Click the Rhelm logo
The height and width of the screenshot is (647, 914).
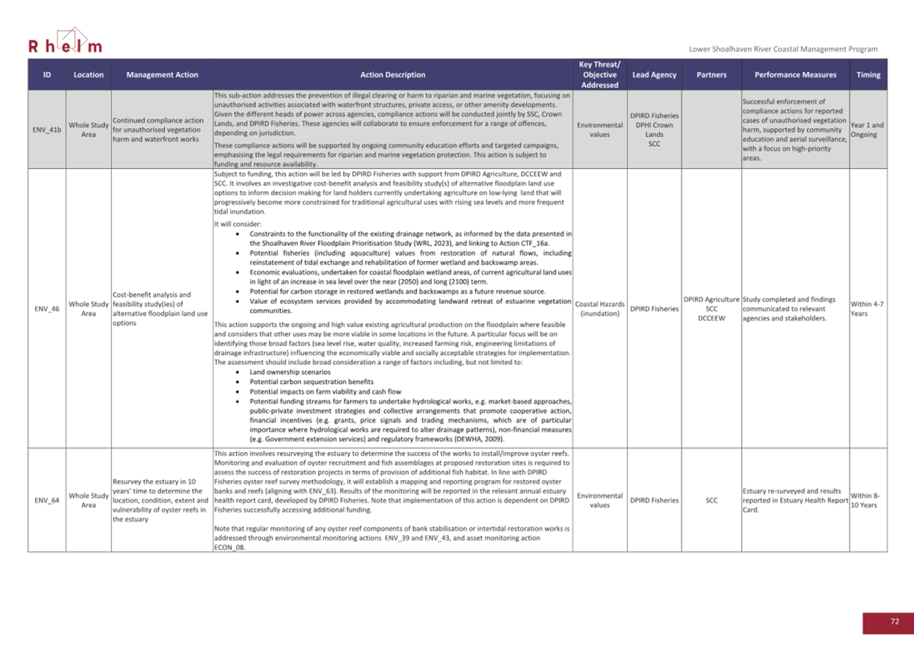click(65, 41)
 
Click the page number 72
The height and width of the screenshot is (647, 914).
click(894, 622)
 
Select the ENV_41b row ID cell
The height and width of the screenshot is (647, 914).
click(47, 130)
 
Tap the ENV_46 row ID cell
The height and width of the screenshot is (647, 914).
click(47, 309)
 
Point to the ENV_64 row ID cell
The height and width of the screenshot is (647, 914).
click(47, 500)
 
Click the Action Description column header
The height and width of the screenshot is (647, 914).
click(392, 75)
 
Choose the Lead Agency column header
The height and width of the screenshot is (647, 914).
click(654, 75)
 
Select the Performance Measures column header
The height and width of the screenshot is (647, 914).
click(795, 75)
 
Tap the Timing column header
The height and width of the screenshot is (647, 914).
click(868, 75)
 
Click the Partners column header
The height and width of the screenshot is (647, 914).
click(711, 75)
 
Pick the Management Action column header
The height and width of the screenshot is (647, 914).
click(162, 75)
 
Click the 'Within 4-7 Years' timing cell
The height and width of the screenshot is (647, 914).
click(867, 309)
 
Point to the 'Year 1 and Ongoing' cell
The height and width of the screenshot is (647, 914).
click(867, 130)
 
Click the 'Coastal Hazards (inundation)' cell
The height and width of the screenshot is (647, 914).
click(600, 309)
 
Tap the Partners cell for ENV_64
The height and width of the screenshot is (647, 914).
click(711, 500)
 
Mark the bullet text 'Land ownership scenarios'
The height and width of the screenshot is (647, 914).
click(290, 372)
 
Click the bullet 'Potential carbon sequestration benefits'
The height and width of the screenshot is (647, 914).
click(312, 382)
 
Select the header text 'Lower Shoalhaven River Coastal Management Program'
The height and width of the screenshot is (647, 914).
click(783, 49)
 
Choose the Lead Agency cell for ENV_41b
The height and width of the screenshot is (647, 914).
click(654, 130)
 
